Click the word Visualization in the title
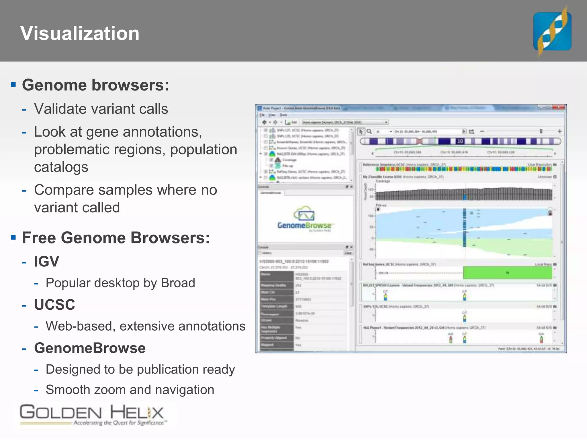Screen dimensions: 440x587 80,33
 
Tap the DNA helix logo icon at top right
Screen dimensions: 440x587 552,31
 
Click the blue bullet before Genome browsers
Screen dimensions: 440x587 13,85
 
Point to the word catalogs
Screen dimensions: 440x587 61,167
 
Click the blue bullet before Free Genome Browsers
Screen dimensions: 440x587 13,237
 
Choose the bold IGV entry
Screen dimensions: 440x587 46,261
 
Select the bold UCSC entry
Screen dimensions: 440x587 54,305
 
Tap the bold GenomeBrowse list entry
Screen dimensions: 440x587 90,348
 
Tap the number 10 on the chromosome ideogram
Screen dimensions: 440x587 460,141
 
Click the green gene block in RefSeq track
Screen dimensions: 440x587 507,273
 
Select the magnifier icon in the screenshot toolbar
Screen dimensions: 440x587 369,131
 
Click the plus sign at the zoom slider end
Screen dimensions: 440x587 559,131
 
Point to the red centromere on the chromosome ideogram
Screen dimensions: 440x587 419,141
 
